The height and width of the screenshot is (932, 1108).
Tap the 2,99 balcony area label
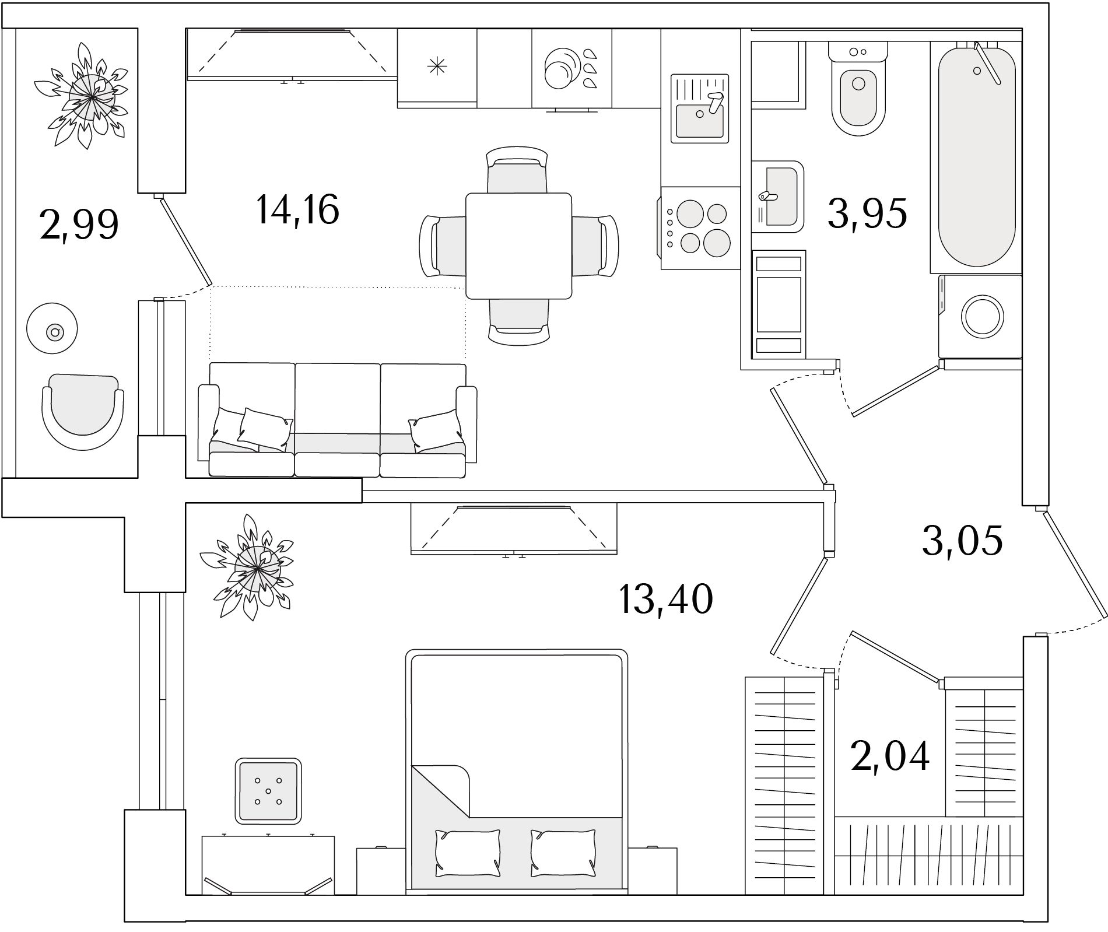80,225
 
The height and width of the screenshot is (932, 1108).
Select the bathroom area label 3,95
867,213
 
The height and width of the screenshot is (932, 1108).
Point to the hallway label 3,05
963,540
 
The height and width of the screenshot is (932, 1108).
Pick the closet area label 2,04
890,756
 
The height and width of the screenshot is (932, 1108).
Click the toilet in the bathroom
858,88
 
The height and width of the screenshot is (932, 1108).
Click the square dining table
518,246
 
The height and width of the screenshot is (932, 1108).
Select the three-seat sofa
338,421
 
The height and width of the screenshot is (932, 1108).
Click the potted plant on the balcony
82,96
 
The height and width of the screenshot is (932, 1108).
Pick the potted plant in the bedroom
247,567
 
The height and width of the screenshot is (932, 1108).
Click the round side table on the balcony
52,328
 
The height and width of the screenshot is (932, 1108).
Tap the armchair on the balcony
83,412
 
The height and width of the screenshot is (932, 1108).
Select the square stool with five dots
268,791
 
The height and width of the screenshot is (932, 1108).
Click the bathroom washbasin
777,197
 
